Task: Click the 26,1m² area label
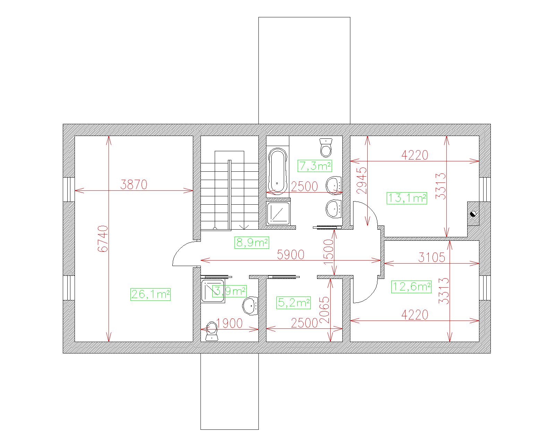click(150, 294)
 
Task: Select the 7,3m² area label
click(315, 166)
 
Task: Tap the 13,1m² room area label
click(407, 198)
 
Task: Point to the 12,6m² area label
click(411, 287)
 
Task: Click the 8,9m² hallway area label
click(252, 242)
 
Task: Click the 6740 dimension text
click(103, 239)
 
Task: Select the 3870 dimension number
click(134, 185)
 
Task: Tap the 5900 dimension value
click(291, 255)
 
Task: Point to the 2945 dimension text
click(361, 181)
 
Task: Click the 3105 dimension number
click(432, 257)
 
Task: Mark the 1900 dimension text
click(229, 323)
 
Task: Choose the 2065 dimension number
click(324, 310)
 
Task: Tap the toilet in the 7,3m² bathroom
click(326, 147)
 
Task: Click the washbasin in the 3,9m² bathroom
click(250, 306)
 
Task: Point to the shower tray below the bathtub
click(278, 213)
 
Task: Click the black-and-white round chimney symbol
click(473, 214)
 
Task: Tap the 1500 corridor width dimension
click(328, 253)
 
